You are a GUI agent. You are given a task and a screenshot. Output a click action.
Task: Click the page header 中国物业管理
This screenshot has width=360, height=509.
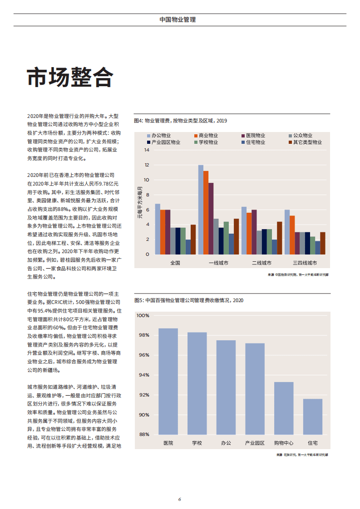point(178,20)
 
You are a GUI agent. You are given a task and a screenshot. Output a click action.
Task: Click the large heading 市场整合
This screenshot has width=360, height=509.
point(69,78)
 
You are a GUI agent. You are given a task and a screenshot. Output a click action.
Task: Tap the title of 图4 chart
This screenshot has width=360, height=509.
point(180,121)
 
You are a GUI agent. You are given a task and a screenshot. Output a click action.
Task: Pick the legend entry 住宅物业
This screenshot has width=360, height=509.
point(256,142)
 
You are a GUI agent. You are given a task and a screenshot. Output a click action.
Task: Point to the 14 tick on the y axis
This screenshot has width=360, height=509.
point(147,150)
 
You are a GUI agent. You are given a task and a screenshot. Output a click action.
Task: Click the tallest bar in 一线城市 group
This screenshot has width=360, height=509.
point(201,209)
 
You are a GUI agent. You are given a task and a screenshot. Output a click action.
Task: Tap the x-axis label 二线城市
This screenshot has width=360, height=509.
point(261,263)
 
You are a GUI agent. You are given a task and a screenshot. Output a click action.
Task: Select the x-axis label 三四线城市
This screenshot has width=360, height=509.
point(304,263)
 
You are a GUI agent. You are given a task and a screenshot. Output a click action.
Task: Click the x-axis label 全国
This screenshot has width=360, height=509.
point(175,263)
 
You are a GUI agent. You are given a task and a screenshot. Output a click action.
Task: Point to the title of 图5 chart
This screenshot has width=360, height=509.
point(188,300)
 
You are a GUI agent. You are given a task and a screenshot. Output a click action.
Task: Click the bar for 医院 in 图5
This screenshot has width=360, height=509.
point(168,381)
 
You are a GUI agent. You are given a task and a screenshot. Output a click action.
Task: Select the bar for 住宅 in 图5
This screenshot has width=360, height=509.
point(312,416)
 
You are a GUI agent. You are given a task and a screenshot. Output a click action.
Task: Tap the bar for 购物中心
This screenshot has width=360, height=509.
point(284,408)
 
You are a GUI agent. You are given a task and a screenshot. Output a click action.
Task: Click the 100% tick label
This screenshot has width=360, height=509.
point(143,316)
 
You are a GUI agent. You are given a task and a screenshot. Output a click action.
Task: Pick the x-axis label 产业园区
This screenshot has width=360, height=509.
point(255,443)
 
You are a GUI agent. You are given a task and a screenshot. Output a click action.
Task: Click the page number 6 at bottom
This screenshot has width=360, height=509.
point(180,499)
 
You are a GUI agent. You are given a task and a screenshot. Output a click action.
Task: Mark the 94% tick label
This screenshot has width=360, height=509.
point(144,375)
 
